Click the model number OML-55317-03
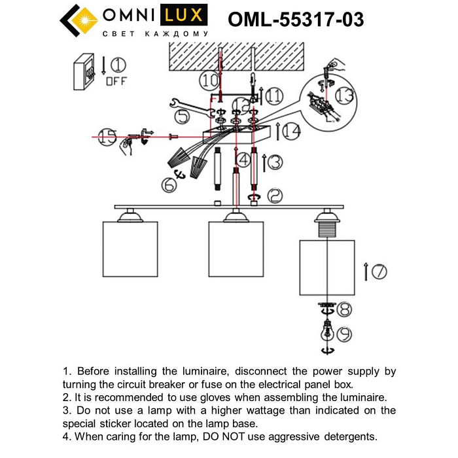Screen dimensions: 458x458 (x=296, y=20)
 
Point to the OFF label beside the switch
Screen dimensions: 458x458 (x=116, y=81)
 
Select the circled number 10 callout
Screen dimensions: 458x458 (x=209, y=81)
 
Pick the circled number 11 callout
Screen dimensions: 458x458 (x=275, y=96)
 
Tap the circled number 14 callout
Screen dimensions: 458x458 (x=292, y=132)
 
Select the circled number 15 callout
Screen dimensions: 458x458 (x=107, y=137)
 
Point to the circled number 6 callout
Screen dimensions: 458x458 (x=169, y=186)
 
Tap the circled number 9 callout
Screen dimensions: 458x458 (x=342, y=334)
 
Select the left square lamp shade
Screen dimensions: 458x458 (x=131, y=249)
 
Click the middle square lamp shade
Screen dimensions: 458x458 (x=236, y=249)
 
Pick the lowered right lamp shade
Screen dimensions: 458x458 (x=326, y=268)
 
